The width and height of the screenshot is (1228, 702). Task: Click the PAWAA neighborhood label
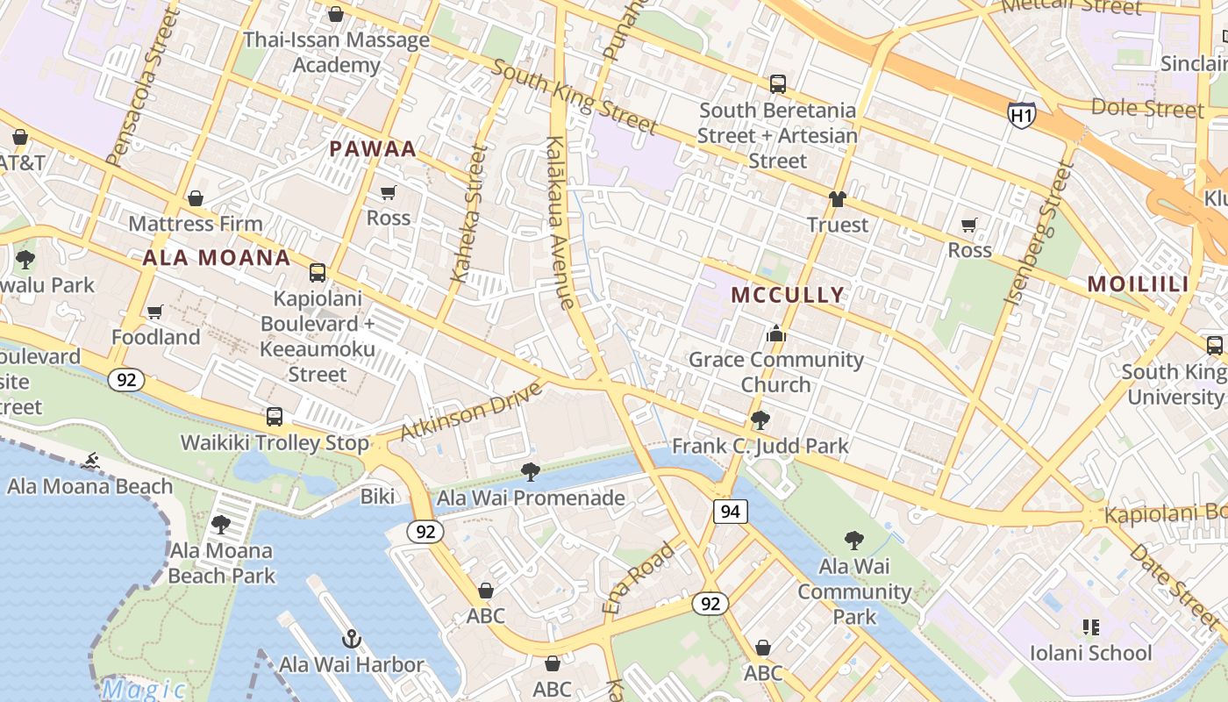point(373,148)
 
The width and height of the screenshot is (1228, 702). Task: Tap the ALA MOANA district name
point(216,257)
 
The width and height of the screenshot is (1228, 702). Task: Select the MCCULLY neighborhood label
point(788,294)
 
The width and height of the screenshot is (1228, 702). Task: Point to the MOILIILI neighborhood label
point(1138,283)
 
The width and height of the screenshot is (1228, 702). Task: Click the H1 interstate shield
point(1021,114)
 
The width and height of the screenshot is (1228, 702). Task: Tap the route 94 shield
point(730,512)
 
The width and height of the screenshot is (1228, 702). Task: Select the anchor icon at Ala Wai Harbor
point(352,638)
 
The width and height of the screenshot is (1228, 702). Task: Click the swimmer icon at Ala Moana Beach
point(90,461)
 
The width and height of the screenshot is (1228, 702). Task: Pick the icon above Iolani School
point(1090,627)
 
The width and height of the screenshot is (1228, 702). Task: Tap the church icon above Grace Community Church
point(775,333)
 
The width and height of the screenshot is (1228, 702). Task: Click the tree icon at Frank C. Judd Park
point(760,419)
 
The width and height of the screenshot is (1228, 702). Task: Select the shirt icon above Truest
point(837,199)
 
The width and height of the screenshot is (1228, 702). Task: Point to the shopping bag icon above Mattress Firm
point(196,198)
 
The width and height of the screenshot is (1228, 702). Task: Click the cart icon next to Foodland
point(155,312)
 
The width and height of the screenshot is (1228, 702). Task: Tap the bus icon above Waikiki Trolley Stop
point(275,417)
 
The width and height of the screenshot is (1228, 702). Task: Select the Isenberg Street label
point(1039,233)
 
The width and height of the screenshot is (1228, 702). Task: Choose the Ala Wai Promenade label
point(531,498)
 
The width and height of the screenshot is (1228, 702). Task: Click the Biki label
point(377,497)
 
